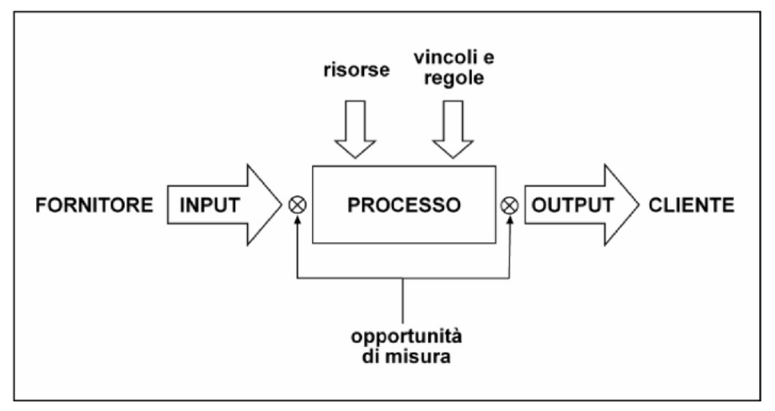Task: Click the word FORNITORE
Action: coord(94,205)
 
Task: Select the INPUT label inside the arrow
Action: coord(210,205)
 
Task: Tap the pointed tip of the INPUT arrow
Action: coord(282,205)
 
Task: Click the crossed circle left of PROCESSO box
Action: coord(297,205)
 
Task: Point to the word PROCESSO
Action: coord(404,205)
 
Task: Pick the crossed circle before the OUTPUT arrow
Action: coord(509,205)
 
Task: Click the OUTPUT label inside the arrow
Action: coord(573,205)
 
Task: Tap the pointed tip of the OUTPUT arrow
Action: coord(639,205)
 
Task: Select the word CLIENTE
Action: coord(692,205)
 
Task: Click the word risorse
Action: coord(357,70)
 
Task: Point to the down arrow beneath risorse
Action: coord(355,130)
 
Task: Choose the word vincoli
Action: coord(443,58)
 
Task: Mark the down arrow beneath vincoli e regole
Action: coord(453,130)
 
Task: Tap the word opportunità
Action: coord(406,337)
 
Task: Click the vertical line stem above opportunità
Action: coord(403,301)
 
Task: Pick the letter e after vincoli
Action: coord(489,58)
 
